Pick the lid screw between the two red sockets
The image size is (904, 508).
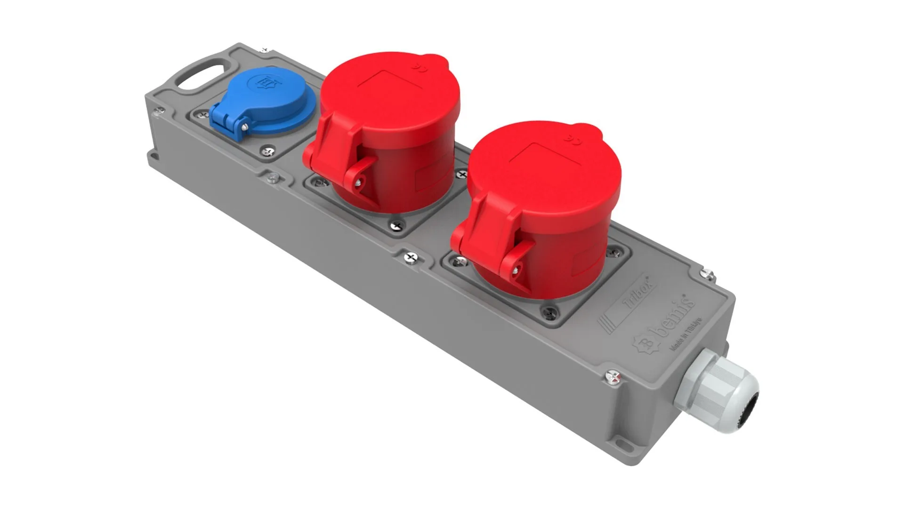pos(411,257)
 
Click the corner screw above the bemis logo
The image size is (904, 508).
pos(707,274)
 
